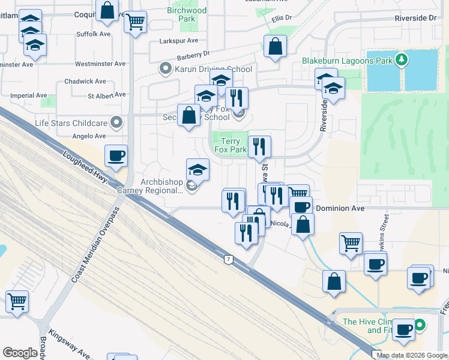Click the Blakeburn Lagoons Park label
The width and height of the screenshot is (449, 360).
coord(347,61)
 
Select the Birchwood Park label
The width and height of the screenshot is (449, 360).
coord(187,14)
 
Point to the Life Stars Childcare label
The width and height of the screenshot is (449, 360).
coord(71,123)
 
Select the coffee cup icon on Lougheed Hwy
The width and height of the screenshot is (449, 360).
coord(116,155)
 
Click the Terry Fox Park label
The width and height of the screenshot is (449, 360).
coord(231,145)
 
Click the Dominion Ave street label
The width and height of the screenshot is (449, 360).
coord(340,208)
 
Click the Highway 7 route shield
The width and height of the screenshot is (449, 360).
coord(228,259)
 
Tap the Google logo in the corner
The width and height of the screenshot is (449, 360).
coord(20,353)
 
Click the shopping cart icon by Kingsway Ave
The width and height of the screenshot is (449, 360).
coord(17,301)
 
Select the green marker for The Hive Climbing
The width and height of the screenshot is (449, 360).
coord(420,326)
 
